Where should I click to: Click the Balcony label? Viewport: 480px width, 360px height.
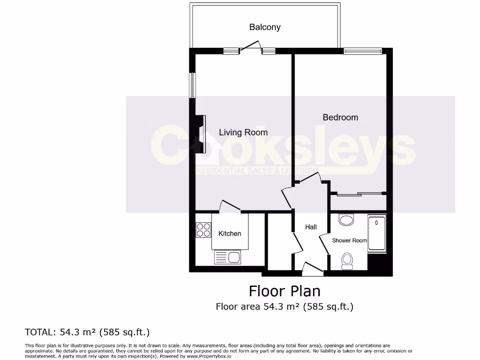click(x=265, y=27)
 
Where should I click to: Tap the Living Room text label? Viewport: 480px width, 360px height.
click(x=243, y=133)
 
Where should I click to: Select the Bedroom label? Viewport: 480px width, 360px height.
click(x=340, y=117)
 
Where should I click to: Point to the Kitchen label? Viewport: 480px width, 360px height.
click(x=230, y=233)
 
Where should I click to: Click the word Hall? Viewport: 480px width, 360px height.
click(x=311, y=227)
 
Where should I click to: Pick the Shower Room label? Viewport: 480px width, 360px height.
click(x=349, y=240)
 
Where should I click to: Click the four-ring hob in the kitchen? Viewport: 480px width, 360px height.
click(x=203, y=230)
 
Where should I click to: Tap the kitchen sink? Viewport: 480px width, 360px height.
click(x=227, y=257)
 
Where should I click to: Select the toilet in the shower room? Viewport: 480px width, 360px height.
click(x=347, y=261)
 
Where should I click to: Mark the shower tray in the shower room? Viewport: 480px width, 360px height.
click(x=376, y=234)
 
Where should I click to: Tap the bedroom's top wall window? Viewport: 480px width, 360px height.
click(x=363, y=51)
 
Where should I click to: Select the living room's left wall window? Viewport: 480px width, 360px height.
click(x=192, y=85)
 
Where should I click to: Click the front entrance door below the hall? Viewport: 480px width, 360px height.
click(x=313, y=267)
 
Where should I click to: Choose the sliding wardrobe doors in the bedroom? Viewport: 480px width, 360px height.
click(x=358, y=193)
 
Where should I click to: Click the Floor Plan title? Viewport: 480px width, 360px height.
click(x=285, y=291)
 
